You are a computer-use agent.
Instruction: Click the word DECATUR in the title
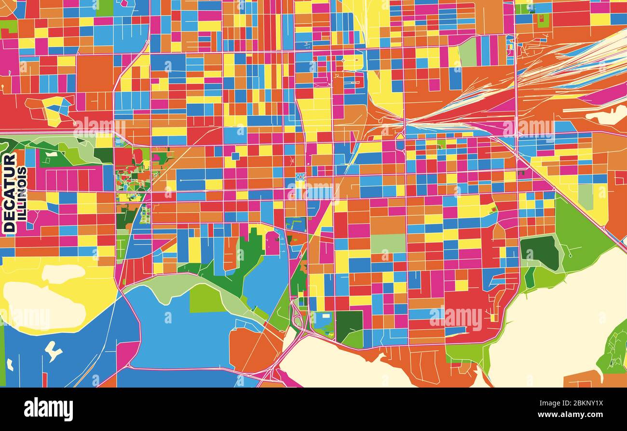[x=9, y=193]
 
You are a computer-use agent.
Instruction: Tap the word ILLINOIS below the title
[x=22, y=194]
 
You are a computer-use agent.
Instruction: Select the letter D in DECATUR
[x=9, y=226]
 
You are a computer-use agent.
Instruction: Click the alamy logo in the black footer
[x=48, y=409]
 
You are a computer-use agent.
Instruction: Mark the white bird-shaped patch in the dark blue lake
[x=53, y=351]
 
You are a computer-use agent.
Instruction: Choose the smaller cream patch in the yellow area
[x=63, y=273]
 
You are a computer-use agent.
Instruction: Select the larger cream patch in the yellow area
[x=43, y=306]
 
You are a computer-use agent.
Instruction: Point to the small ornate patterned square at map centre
[x=300, y=177]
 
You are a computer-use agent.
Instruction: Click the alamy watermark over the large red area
[x=456, y=318]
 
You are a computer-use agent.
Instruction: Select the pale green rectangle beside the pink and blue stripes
[x=467, y=52]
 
